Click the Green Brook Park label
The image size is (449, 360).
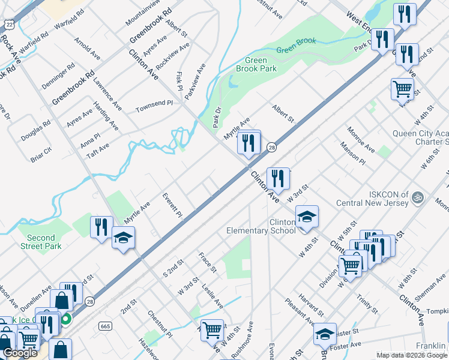261,64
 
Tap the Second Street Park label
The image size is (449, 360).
41,242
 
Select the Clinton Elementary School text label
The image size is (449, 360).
261,226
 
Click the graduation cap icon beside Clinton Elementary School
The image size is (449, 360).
307,216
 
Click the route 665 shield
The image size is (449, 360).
106,326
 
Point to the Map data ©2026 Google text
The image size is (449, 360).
412,355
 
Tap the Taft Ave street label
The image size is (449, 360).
97,150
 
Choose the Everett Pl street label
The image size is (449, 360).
172,205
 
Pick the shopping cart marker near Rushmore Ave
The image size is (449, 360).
212,329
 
